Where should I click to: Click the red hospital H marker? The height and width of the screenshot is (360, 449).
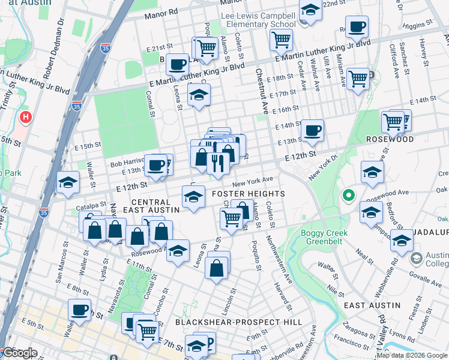pos(25,116)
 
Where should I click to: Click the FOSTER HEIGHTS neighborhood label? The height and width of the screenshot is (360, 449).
pos(248,194)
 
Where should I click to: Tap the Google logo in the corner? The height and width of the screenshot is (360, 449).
pos(19,353)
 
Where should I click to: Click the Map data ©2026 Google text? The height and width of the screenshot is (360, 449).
pos(412,355)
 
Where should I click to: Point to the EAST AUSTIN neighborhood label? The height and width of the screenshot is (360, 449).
pos(372,305)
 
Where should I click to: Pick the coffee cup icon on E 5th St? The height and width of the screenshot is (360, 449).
pos(79,310)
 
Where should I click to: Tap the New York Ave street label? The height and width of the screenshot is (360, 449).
pos(253,181)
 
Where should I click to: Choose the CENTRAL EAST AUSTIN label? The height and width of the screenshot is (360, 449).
pos(151,206)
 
